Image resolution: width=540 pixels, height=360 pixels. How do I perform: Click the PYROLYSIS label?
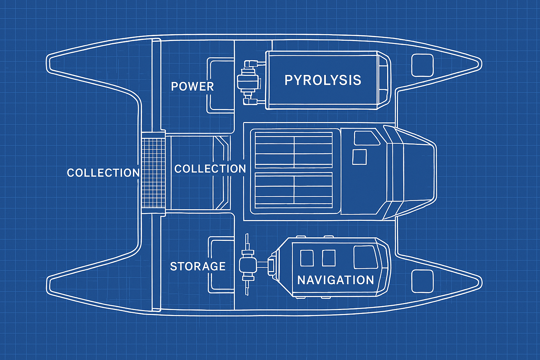(323, 80)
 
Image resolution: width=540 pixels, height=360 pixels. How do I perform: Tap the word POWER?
(192, 86)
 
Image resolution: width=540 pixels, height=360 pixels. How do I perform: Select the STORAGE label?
(198, 266)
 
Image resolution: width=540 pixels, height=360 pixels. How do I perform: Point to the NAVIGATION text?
(335, 280)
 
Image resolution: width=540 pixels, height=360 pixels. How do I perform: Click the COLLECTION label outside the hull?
(103, 173)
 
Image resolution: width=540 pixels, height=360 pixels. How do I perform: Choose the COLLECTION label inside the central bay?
(210, 169)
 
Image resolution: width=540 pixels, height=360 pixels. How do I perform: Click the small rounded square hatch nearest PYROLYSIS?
(422, 65)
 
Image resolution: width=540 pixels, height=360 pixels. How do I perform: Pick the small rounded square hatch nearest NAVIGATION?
(422, 281)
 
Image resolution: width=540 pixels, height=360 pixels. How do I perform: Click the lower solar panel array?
(294, 190)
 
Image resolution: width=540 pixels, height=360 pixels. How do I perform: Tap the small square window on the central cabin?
(359, 157)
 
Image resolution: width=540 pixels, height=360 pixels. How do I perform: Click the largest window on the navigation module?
(365, 257)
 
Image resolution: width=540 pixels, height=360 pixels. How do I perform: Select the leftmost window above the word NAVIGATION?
(307, 258)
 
